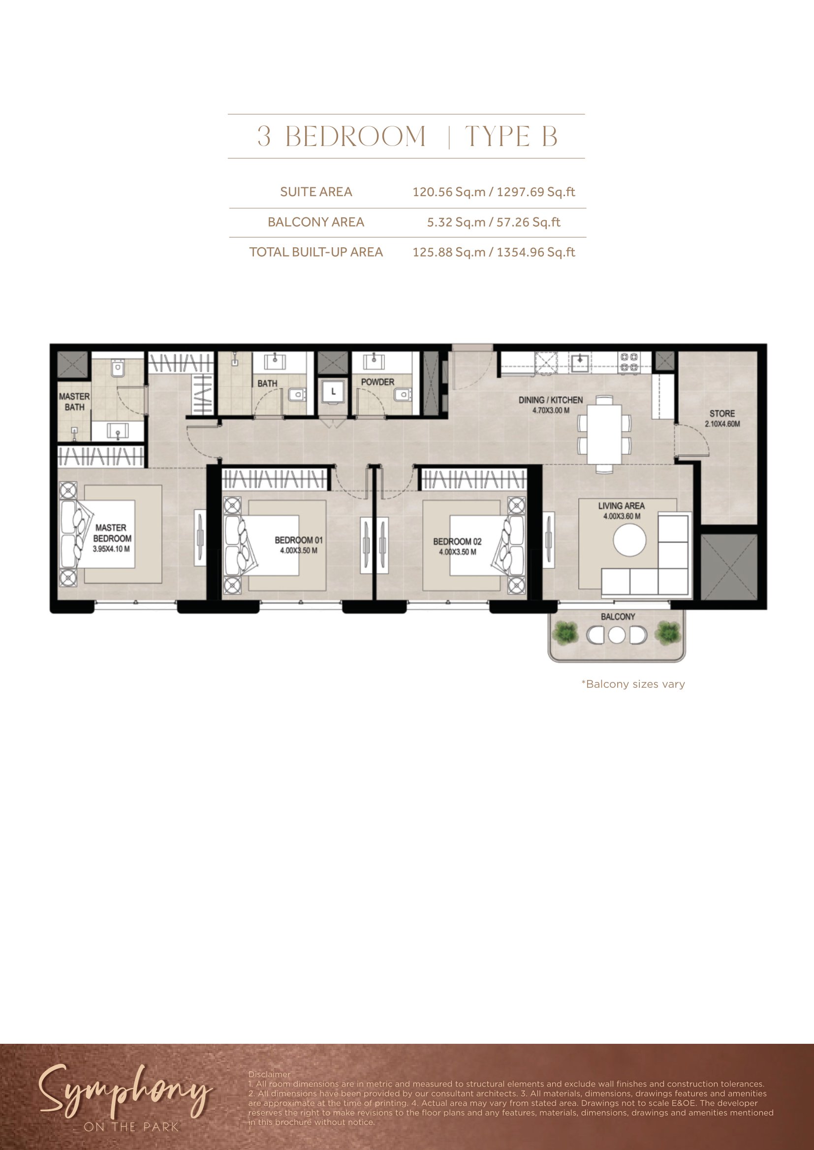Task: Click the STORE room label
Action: click(722, 413)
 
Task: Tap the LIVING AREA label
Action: click(621, 506)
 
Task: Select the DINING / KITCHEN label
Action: click(550, 400)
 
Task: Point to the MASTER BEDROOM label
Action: click(112, 533)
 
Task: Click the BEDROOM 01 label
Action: click(299, 540)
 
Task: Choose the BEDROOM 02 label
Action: click(457, 541)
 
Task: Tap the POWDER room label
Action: click(377, 382)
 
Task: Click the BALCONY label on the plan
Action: click(618, 617)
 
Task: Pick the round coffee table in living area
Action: click(629, 539)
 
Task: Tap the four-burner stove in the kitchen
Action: click(629, 362)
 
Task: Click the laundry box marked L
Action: click(333, 392)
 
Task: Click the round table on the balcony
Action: click(617, 635)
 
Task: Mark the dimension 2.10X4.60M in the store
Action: click(722, 424)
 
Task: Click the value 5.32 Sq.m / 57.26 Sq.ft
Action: click(493, 222)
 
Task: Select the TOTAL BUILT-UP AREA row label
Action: click(316, 252)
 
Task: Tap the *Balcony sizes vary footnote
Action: click(633, 684)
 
